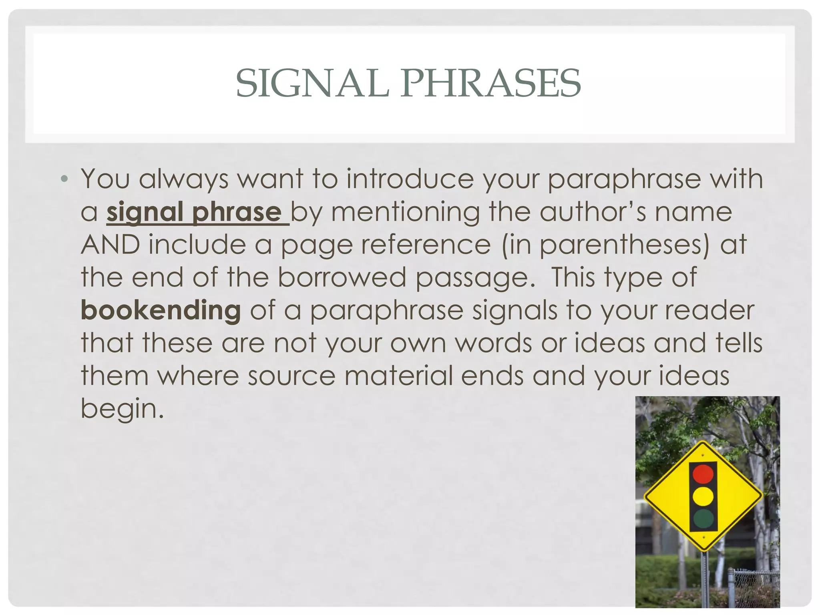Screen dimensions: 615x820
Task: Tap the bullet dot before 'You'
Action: pos(64,179)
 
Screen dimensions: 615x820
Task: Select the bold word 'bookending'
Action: pos(161,311)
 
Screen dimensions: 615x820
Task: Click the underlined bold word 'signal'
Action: pos(145,212)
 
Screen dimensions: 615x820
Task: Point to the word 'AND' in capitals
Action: pos(111,245)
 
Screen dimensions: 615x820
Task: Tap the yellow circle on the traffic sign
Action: pos(703,496)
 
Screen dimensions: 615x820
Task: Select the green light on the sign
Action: pos(703,519)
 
